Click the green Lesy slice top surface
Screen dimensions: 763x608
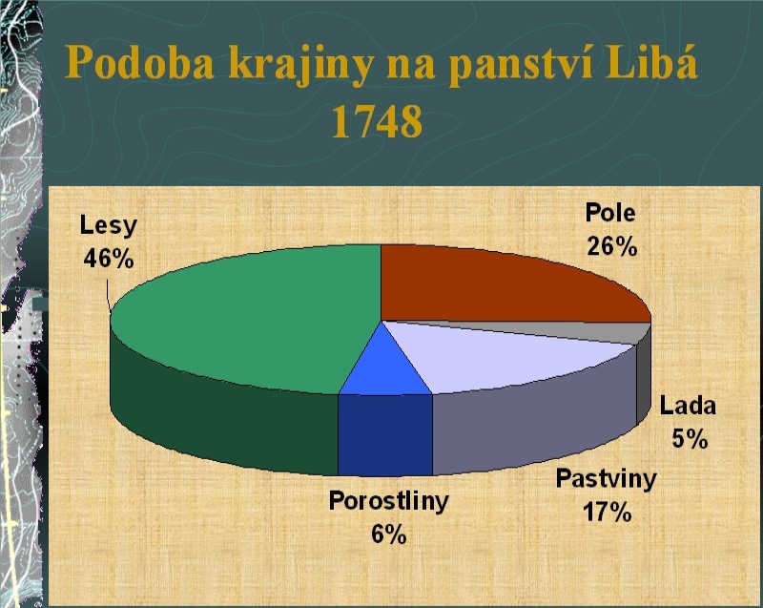click(x=243, y=317)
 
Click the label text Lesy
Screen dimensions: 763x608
click(x=109, y=226)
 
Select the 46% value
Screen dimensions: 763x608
click(x=109, y=258)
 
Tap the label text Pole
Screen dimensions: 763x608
click(x=610, y=213)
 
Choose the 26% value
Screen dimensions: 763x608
click(x=611, y=246)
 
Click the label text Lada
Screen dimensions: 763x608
click(x=688, y=406)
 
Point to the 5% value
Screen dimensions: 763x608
click(x=690, y=439)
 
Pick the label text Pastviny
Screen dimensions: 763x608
click(x=607, y=479)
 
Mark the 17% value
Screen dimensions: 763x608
click(x=607, y=512)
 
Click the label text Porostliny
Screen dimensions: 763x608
click(x=389, y=501)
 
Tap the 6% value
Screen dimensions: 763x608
click(x=389, y=534)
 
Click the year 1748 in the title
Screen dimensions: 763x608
click(x=377, y=122)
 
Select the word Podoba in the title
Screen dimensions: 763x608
click(x=139, y=62)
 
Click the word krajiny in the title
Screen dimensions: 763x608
click(x=301, y=65)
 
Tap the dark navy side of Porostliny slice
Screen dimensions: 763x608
click(x=385, y=434)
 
